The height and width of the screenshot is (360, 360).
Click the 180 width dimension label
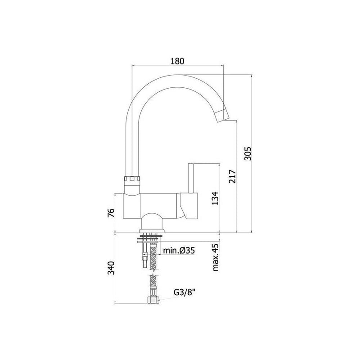click(177, 61)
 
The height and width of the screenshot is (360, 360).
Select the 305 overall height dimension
click(248, 153)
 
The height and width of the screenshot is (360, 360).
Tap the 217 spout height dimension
click(232, 176)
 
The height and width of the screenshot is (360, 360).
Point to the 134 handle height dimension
click(216, 198)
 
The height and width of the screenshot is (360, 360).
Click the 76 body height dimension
click(111, 213)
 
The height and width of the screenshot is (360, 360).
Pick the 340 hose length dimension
click(111, 267)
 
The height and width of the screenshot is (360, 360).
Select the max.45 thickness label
click(216, 257)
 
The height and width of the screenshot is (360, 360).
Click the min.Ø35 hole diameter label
click(179, 250)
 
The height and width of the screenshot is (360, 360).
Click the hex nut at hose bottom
click(153, 299)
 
